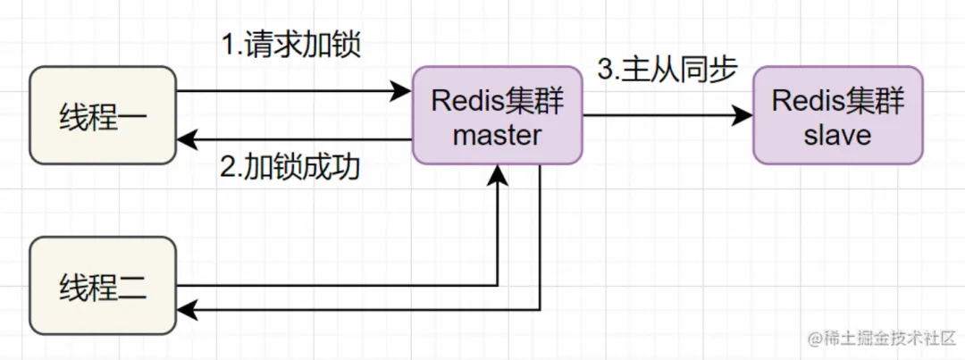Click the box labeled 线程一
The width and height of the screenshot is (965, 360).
(103, 115)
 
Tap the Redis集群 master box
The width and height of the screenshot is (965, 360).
(497, 115)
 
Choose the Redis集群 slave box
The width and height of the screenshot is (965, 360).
(837, 115)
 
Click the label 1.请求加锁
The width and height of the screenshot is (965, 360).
(290, 45)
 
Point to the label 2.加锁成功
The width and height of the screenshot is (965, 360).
(290, 166)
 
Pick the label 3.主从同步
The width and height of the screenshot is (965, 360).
(665, 71)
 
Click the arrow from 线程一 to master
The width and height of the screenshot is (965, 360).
(286, 90)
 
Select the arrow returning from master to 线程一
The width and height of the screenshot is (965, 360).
(295, 139)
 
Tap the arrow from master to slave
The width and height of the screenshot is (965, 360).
(666, 115)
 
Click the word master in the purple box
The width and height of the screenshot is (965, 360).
(497, 136)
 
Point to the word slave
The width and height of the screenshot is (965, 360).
(837, 136)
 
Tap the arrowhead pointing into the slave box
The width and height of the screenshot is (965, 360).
(741, 115)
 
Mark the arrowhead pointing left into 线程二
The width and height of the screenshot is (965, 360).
(187, 309)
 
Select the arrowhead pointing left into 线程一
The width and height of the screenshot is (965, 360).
(187, 139)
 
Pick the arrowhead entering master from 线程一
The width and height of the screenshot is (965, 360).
(400, 90)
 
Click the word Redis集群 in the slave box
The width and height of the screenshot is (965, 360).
(837, 99)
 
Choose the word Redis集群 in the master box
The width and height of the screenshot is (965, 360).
(497, 99)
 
